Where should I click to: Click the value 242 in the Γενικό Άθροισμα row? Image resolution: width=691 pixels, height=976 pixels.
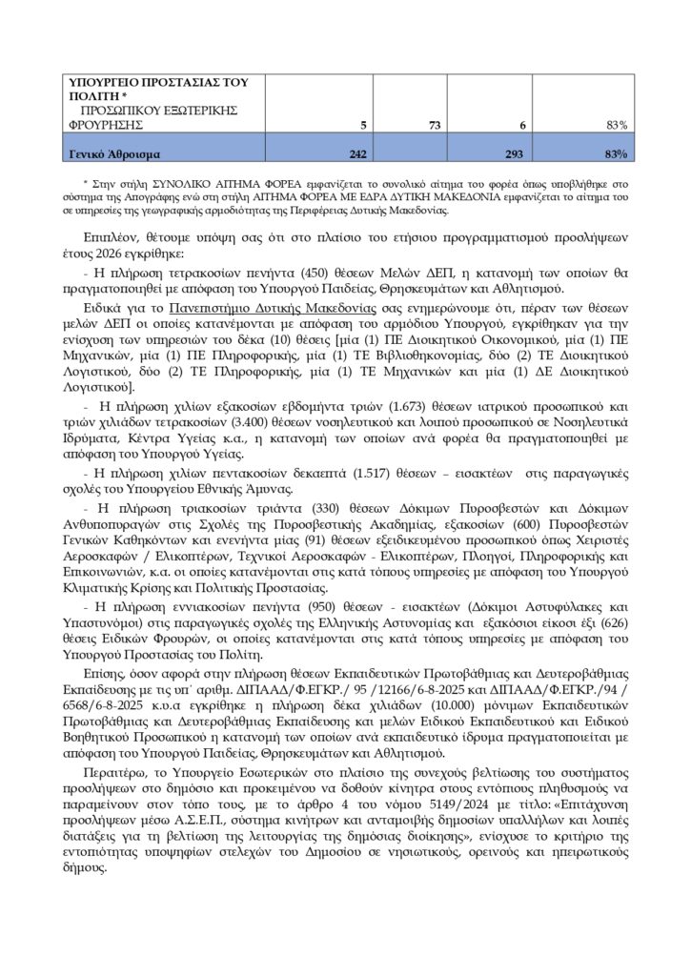click(356, 153)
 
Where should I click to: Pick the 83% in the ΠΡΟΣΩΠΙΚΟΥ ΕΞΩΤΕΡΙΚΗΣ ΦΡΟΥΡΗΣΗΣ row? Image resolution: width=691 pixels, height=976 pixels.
click(616, 125)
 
